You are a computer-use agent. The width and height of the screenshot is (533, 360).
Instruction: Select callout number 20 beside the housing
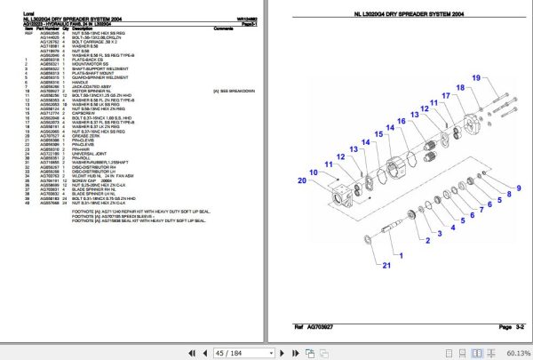[x=302, y=180]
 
